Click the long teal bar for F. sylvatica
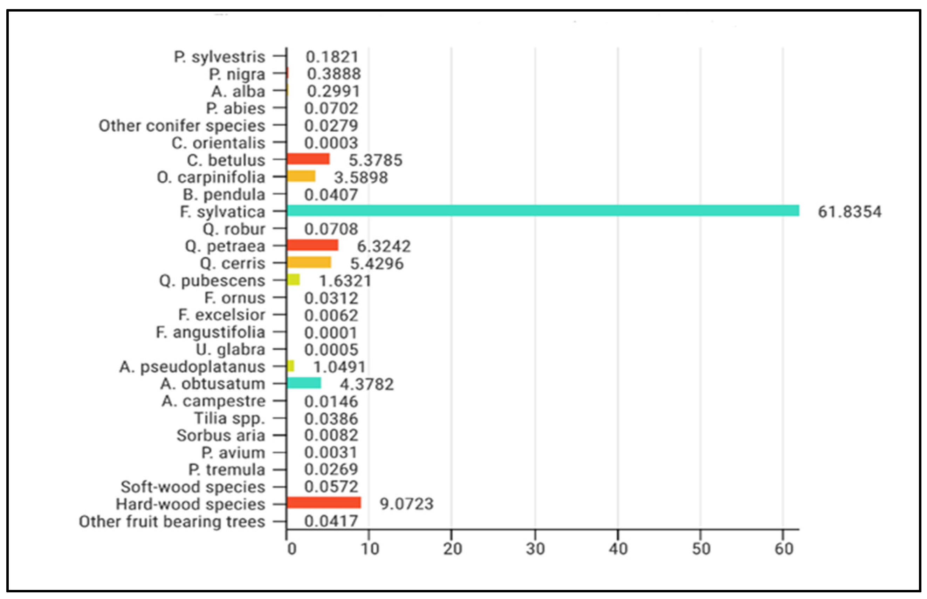[x=543, y=211]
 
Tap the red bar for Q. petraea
[x=313, y=245]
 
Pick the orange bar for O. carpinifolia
[x=301, y=176]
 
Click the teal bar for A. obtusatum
[x=304, y=383]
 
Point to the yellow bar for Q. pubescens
[x=294, y=280]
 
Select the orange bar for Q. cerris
[x=309, y=263]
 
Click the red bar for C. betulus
[x=308, y=159]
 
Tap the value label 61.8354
[x=849, y=212]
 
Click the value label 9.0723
[x=406, y=504]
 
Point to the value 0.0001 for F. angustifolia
[x=331, y=333]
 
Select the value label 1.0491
[x=339, y=367]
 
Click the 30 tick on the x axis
[x=535, y=549]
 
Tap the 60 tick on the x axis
[x=783, y=549]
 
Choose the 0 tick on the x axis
[x=291, y=549]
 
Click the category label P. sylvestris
[x=219, y=57]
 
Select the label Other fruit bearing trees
[x=172, y=522]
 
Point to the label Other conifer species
[x=181, y=126]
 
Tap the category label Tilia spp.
[x=229, y=418]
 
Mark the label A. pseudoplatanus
[x=192, y=367]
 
